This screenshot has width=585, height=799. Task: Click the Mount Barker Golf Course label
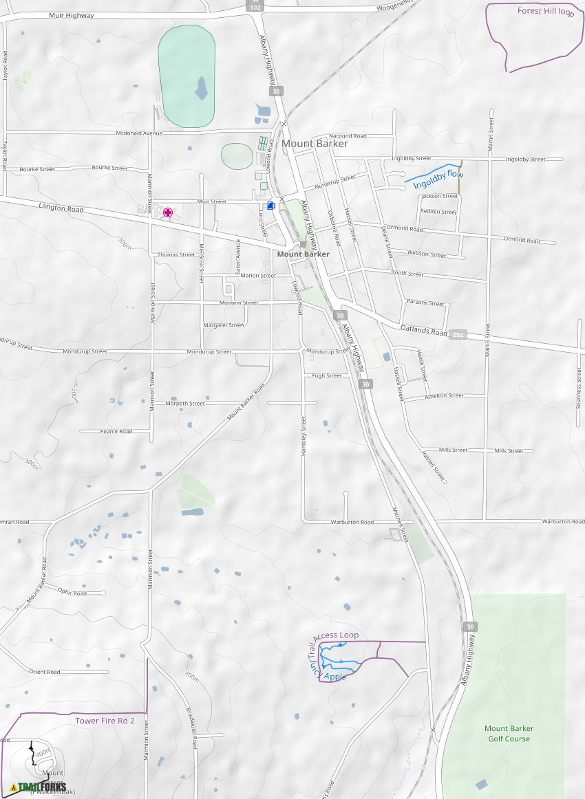509,734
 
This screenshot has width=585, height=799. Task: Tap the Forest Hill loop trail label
545,11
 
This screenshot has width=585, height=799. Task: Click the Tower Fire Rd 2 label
105,721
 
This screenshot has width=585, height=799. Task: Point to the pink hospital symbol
167,212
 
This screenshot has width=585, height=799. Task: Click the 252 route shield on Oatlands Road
458,335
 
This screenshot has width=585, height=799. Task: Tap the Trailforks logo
39,787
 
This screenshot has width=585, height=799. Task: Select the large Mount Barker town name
315,144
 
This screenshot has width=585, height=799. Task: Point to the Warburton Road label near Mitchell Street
353,523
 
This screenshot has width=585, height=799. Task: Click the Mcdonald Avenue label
139,133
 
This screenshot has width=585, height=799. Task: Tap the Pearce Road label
116,432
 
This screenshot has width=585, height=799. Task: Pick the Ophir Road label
72,592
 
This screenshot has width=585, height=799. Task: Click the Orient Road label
45,672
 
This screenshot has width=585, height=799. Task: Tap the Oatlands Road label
423,331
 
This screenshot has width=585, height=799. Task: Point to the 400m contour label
43,754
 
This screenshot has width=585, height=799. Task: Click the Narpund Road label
348,136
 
